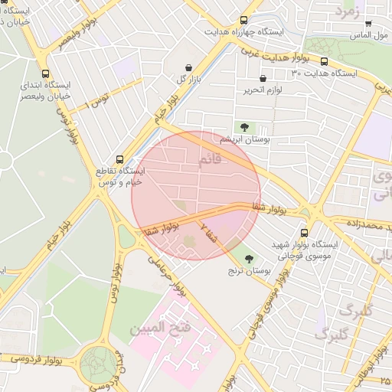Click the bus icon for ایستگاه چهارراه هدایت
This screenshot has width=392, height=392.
[x=243, y=21]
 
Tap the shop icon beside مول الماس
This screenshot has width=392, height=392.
[x=368, y=24]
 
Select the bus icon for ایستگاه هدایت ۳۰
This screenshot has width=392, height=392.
[x=324, y=62]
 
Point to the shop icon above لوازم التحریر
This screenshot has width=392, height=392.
[x=263, y=78]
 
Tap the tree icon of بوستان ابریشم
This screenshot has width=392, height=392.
[x=244, y=126]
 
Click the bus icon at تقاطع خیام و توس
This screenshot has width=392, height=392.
[x=119, y=159]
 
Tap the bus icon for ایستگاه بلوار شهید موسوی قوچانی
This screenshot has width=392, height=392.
[x=305, y=232]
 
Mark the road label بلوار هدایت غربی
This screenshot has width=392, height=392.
[x=271, y=51]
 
